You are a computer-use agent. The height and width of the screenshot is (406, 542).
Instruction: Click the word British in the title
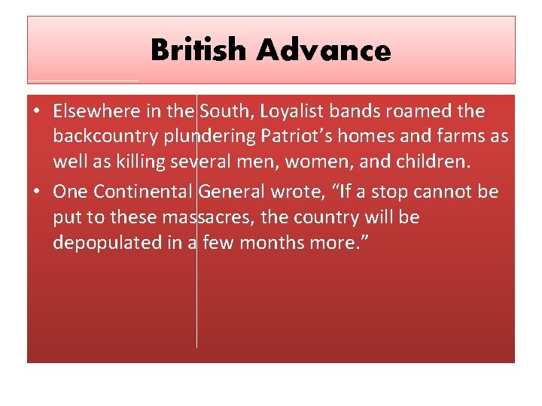[199, 51]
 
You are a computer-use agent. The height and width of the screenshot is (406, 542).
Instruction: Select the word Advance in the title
[323, 51]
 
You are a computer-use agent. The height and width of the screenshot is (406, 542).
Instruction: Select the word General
[233, 191]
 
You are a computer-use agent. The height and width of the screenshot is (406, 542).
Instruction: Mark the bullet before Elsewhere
[36, 112]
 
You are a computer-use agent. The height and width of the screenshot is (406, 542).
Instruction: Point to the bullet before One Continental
[36, 192]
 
